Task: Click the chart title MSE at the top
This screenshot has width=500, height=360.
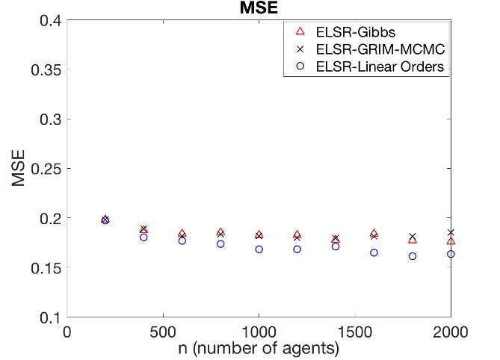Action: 259,9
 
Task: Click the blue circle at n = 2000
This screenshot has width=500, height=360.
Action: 451,254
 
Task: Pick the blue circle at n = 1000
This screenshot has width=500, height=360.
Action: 259,249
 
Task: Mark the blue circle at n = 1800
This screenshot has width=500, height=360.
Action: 412,256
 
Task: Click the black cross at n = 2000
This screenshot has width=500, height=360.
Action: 451,232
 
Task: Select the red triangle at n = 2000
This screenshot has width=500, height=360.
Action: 451,240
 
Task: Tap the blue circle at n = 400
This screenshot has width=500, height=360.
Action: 143,238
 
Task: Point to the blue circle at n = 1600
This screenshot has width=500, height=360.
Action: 374,252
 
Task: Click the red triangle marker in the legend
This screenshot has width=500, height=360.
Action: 300,31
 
